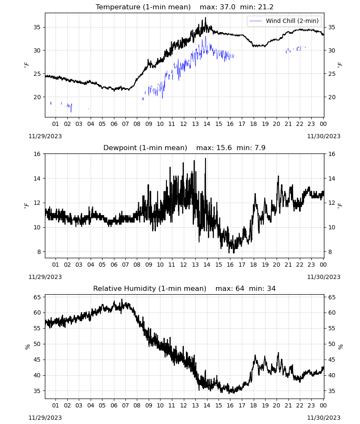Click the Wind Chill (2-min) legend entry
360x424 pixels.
coord(284,21)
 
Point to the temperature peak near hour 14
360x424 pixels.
coord(205,18)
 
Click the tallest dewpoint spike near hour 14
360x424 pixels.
coord(205,159)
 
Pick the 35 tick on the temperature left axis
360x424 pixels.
coord(37,27)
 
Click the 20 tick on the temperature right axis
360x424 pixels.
coord(332,97)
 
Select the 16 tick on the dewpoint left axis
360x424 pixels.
coord(37,154)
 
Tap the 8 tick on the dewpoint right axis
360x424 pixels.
coord(330,252)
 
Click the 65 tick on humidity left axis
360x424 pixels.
coord(37,297)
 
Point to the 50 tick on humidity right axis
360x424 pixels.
coord(332,344)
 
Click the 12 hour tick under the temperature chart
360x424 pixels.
coord(184,124)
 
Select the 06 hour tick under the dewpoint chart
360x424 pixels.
coord(114,265)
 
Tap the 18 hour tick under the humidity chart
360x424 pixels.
coord(253,405)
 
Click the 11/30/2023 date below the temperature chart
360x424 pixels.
coord(324,136)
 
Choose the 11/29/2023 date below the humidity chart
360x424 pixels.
coord(45,418)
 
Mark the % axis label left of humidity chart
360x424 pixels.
coord(27,347)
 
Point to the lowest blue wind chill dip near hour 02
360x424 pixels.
coord(71,111)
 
